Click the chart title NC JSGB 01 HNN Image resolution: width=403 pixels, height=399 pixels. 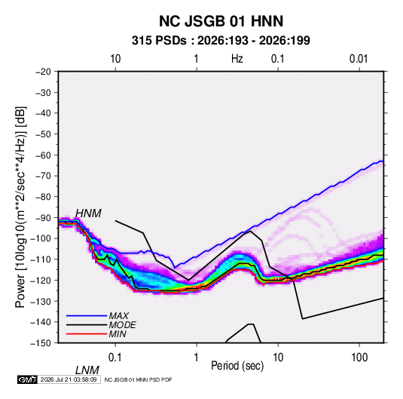pos(221,21)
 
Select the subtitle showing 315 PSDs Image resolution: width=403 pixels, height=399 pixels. pos(221,41)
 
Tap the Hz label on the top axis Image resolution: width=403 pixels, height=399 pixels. pos(237,59)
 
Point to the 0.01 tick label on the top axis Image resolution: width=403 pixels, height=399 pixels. pos(359,59)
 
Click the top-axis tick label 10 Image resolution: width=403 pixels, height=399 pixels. pos(115,59)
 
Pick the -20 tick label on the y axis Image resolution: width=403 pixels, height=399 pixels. pos(43,72)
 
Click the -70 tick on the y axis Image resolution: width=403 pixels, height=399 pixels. pos(43,176)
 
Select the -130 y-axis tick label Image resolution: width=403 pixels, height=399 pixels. pos(41,301)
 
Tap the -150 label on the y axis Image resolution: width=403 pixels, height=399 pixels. pos(41,342)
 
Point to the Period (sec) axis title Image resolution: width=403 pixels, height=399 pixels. pos(237,365)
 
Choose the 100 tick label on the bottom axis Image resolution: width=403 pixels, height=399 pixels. pos(359,358)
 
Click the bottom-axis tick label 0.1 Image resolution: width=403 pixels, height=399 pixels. pos(115,358)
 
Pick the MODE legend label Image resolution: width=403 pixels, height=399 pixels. pos(122,325)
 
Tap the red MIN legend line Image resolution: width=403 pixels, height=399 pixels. pos(87,334)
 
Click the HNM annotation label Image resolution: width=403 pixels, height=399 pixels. pos(88,213)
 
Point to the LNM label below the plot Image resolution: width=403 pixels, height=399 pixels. pos(87,370)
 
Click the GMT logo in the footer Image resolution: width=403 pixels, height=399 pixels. pos(28,379)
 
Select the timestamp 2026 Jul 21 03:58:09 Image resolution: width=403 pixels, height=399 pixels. pos(69,379)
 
